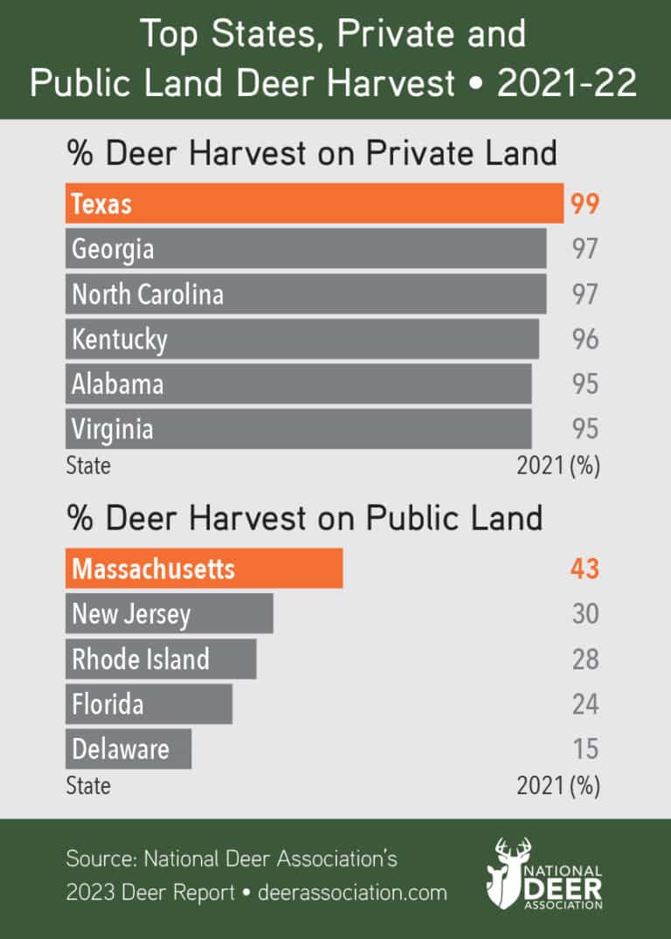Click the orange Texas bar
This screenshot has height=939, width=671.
315,204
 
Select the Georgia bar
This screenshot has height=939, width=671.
306,249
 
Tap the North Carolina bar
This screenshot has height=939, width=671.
306,294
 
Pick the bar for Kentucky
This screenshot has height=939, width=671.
302,339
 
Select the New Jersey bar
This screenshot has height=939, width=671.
169,614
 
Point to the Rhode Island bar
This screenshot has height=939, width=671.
161,659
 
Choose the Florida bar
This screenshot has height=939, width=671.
149,704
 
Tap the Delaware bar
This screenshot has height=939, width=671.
128,749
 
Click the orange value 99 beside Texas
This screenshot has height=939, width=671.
585,204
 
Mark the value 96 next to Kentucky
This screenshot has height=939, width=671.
585,339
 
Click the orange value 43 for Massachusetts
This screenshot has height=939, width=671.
585,570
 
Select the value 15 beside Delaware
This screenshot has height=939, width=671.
585,749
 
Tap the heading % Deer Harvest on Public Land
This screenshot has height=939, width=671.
304,518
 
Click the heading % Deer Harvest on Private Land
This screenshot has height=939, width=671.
311,154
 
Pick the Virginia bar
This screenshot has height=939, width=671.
298,429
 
